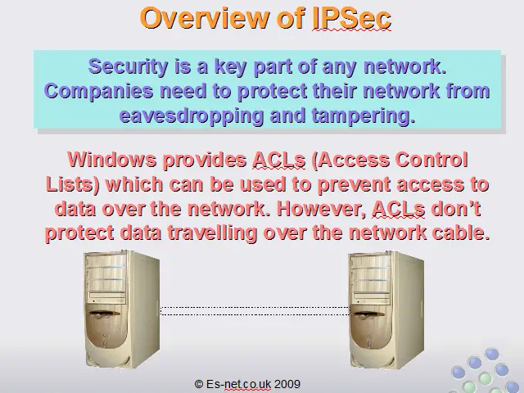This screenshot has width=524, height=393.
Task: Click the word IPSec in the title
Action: pyautogui.click(x=352, y=18)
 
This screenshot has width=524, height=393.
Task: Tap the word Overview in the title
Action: pyautogui.click(x=205, y=18)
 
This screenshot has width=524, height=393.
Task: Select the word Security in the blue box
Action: pyautogui.click(x=128, y=67)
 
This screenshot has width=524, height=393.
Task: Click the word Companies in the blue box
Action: pyautogui.click(x=99, y=91)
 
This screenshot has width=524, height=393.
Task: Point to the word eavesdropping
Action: pyautogui.click(x=192, y=115)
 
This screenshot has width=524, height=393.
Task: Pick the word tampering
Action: pyautogui.click(x=364, y=115)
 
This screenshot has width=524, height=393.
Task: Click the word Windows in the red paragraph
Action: pyautogui.click(x=111, y=160)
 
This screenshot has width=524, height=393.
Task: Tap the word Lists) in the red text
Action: pyautogui.click(x=73, y=184)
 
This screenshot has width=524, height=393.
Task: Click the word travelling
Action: pyautogui.click(x=212, y=233)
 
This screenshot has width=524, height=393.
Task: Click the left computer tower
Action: pyautogui.click(x=122, y=309)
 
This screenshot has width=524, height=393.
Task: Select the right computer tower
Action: pyautogui.click(x=386, y=309)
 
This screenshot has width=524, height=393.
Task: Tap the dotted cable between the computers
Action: pyautogui.click(x=255, y=311)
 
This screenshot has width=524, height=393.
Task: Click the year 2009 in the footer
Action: pyautogui.click(x=287, y=384)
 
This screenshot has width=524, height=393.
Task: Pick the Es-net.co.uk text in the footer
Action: pyautogui.click(x=238, y=384)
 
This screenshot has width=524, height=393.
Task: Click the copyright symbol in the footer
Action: pyautogui.click(x=198, y=384)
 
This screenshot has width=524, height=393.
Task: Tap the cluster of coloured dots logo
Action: pyautogui.click(x=486, y=371)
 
